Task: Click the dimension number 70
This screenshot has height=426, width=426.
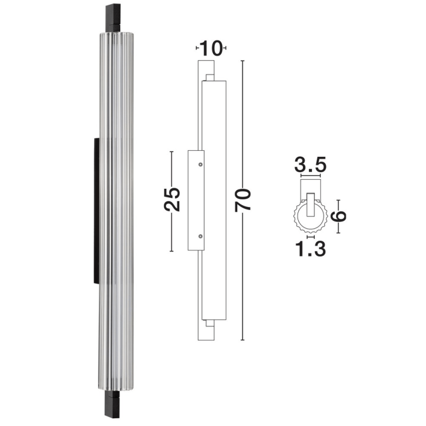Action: tap(243, 200)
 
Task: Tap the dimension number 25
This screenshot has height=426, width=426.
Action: tap(172, 199)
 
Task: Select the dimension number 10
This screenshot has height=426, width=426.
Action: tap(211, 49)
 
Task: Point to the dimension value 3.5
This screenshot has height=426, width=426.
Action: tap(310, 164)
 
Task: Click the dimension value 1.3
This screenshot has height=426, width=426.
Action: tap(310, 249)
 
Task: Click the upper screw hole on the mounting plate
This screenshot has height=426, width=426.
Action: tap(201, 164)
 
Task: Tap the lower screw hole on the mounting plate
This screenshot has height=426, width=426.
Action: tap(201, 236)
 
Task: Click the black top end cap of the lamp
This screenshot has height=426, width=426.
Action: tap(113, 18)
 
